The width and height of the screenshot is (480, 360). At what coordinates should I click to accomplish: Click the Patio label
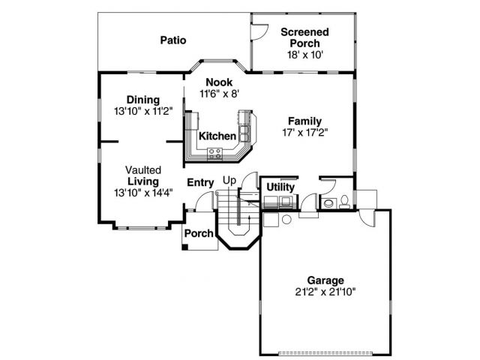coord(172,40)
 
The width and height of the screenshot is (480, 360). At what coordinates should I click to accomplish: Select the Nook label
coord(218,82)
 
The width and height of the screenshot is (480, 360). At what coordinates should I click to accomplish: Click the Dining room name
coord(142,100)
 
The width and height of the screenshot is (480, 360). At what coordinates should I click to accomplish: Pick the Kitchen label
coord(217,136)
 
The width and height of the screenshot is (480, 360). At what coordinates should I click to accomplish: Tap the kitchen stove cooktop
coord(214,153)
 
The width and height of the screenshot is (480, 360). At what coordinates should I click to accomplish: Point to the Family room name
coord(305,121)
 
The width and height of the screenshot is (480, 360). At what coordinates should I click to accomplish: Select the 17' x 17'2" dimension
coord(305,132)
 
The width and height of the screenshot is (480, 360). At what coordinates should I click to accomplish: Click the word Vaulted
coord(143,170)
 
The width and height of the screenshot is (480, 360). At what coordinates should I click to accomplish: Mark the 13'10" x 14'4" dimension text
coord(143,192)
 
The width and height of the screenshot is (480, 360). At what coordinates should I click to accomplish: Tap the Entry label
coord(200,182)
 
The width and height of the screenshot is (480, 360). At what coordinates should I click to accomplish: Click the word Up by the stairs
coord(229,181)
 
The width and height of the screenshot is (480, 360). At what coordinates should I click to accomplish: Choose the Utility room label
coord(280,187)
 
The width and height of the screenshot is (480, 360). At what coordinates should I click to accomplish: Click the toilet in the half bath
coord(343,201)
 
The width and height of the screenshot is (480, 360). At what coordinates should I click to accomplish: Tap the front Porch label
coord(199,233)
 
